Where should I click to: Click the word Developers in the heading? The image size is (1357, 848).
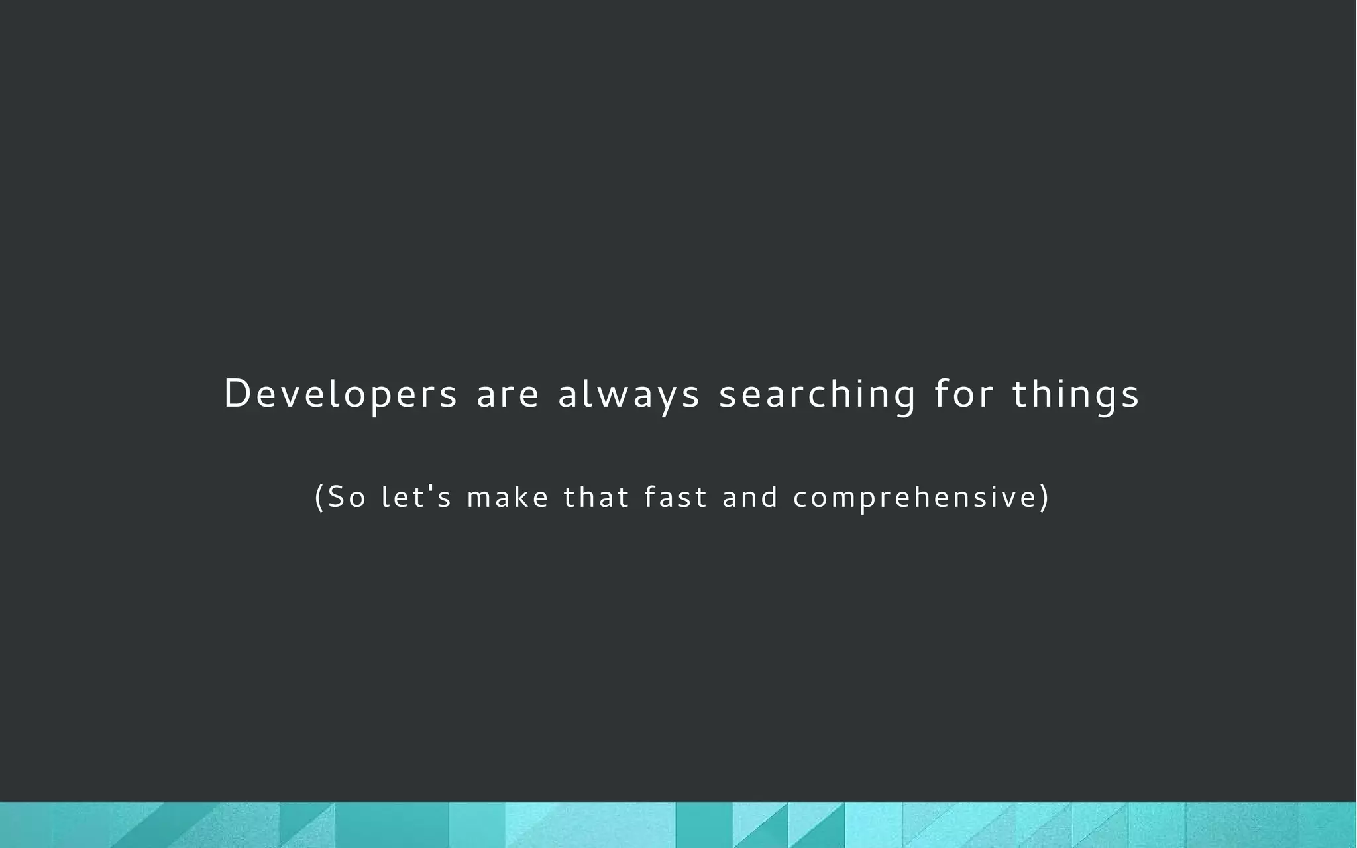coord(340,394)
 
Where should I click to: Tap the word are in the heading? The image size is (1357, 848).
coord(508,394)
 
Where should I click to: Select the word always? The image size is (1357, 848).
coord(628,394)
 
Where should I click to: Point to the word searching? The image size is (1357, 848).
coord(817,394)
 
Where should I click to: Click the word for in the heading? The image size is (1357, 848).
coord(963,394)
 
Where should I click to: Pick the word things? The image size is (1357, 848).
coord(1075,394)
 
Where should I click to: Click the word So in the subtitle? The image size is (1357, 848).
coord(347,497)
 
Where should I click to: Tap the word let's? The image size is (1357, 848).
coord(416,497)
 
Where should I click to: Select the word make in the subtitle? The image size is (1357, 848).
coord(508,497)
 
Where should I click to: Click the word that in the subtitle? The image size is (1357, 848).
coord(596,497)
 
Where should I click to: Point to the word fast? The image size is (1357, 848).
coord(675,497)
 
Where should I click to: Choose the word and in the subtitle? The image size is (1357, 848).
coord(749,497)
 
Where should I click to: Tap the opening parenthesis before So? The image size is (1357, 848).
coord(319,497)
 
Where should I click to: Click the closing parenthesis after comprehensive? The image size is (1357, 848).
coord(1045,497)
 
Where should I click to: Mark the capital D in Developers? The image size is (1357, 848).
coord(236,394)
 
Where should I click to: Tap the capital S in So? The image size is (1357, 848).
coord(337,497)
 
